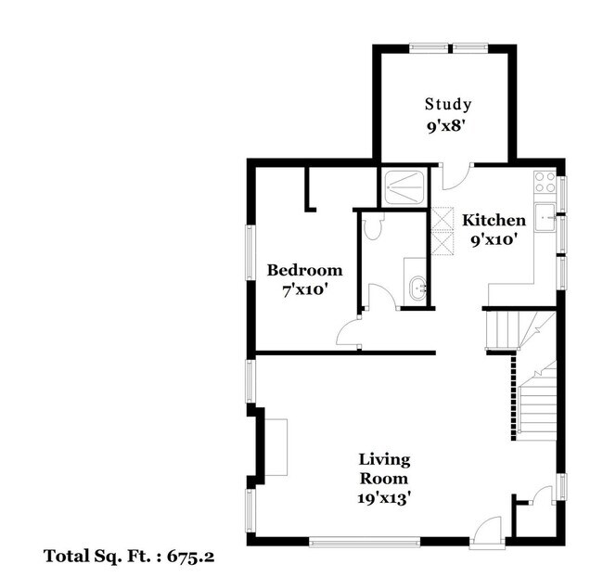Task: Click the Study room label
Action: point(448,104)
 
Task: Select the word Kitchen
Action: point(494,220)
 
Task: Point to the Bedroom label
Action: point(304,270)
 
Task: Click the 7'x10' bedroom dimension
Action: point(304,290)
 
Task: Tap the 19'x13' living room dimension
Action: point(382,498)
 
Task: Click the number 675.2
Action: point(190,556)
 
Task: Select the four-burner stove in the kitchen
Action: point(545,182)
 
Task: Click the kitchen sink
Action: point(545,217)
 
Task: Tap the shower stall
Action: point(405,187)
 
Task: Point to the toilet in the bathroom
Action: point(373,225)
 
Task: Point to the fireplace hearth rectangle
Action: point(276,447)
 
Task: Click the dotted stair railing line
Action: point(513,397)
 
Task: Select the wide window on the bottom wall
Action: point(365,543)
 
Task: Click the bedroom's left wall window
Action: point(250,252)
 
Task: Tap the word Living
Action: point(384,460)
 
